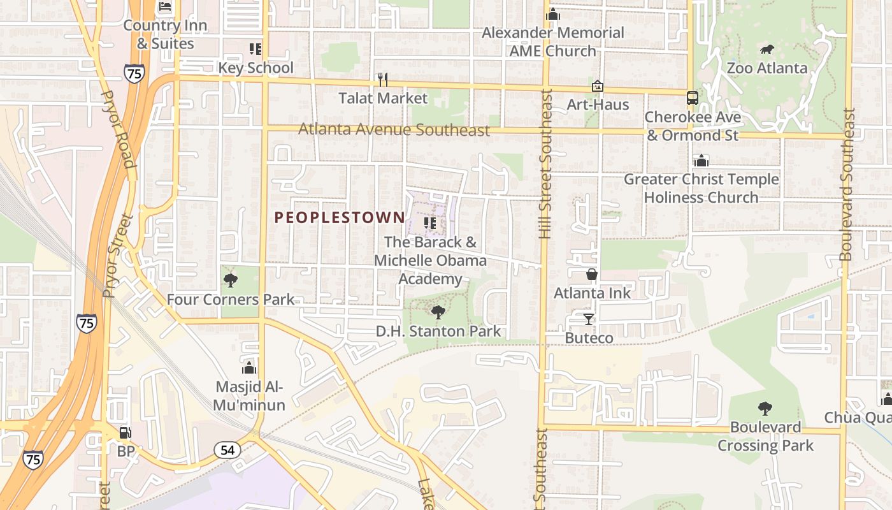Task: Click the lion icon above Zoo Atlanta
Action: pos(767,50)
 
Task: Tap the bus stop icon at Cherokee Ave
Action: pos(692,98)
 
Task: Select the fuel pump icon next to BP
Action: pos(126,433)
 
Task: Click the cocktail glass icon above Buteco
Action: pos(588,319)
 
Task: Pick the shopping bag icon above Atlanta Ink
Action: pos(592,274)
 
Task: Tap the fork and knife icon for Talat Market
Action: pos(382,80)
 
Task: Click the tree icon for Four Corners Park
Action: pos(231,280)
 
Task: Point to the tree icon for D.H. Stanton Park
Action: pos(438,312)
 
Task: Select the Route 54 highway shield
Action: pos(227,450)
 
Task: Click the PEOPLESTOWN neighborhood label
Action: pos(340,217)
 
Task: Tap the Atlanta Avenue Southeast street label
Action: pos(394,130)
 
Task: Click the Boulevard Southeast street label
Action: pos(847,185)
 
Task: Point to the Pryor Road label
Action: pos(119,129)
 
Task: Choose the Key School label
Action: pos(255,68)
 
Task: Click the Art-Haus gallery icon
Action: pos(598,86)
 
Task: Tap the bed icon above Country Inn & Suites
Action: pos(166,7)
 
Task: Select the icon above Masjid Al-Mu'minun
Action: pos(249,368)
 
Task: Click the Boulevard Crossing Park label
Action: pos(765,436)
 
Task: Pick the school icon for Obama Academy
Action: pos(430,223)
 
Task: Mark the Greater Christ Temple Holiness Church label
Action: pos(701,188)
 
